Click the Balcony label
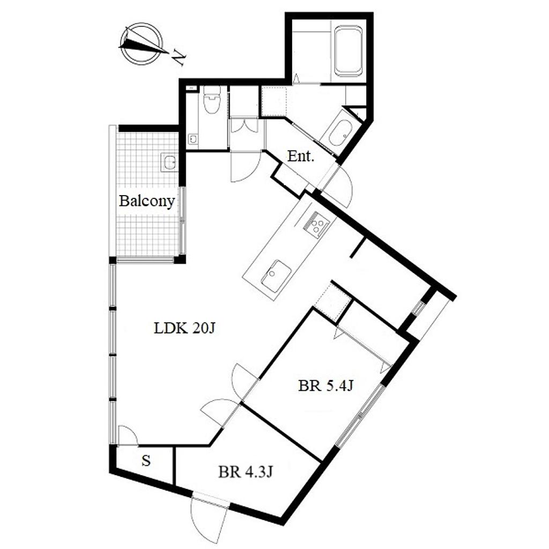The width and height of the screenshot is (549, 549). pos(147,202)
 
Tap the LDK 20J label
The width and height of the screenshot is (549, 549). pos(184,328)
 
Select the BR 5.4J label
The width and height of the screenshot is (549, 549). pos(325,386)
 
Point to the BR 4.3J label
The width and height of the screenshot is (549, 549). pos(246,472)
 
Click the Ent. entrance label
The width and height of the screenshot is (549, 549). pos(300,156)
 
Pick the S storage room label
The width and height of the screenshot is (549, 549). pos(146,461)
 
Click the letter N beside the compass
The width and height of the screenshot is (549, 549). pos(179,57)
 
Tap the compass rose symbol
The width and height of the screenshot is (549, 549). pos(142,43)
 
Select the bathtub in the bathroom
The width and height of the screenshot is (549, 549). pos(348,51)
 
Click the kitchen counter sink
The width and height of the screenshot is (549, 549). pos(276,276)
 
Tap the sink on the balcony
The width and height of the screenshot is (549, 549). pos(169,162)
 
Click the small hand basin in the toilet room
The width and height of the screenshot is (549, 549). pos(192,139)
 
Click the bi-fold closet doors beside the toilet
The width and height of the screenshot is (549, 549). pos(244,125)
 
